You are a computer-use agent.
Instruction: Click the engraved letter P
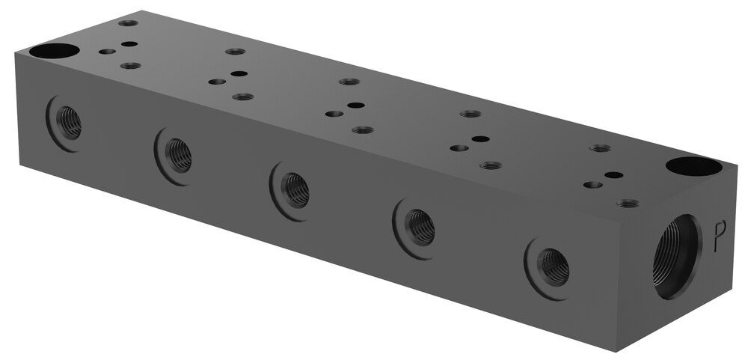tap(720, 236)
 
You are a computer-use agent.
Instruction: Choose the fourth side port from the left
tap(418, 225)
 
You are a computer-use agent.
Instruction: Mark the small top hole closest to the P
tap(628, 203)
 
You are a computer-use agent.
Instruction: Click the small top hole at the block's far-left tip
tap(128, 23)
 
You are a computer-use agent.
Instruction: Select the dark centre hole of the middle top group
tap(356, 106)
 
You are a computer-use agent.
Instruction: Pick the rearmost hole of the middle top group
tap(349, 82)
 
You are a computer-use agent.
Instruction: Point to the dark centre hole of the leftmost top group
tap(129, 44)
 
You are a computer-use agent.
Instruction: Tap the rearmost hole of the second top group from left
tap(236, 52)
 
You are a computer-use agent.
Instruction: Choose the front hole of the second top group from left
tap(242, 97)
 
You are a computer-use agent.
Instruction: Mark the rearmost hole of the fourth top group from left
tap(470, 114)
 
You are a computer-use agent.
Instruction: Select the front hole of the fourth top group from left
tap(490, 165)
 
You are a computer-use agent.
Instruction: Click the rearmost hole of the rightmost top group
tap(600, 148)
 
